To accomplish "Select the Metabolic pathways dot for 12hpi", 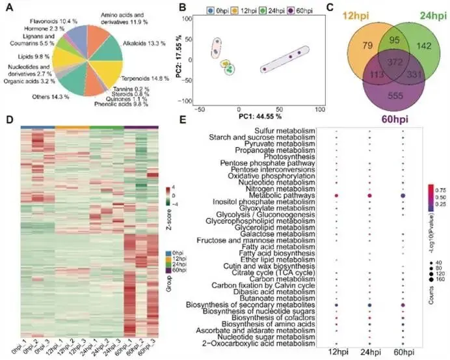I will (337, 195).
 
